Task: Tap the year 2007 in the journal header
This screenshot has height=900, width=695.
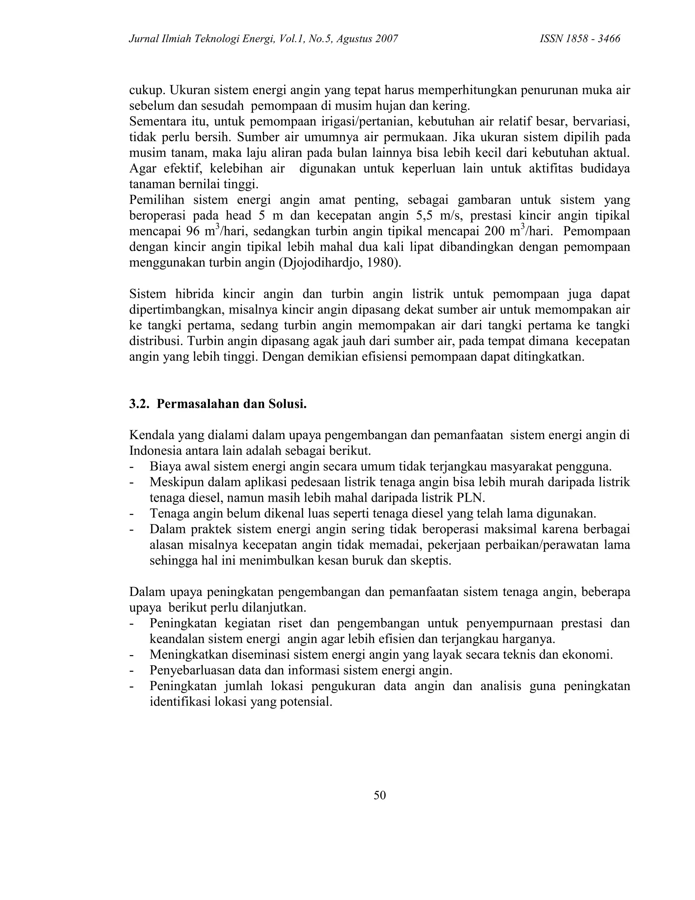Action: coord(387,39)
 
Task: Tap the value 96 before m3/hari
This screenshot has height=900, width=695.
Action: coord(193,231)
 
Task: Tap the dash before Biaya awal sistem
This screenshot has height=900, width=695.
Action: coord(132,467)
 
